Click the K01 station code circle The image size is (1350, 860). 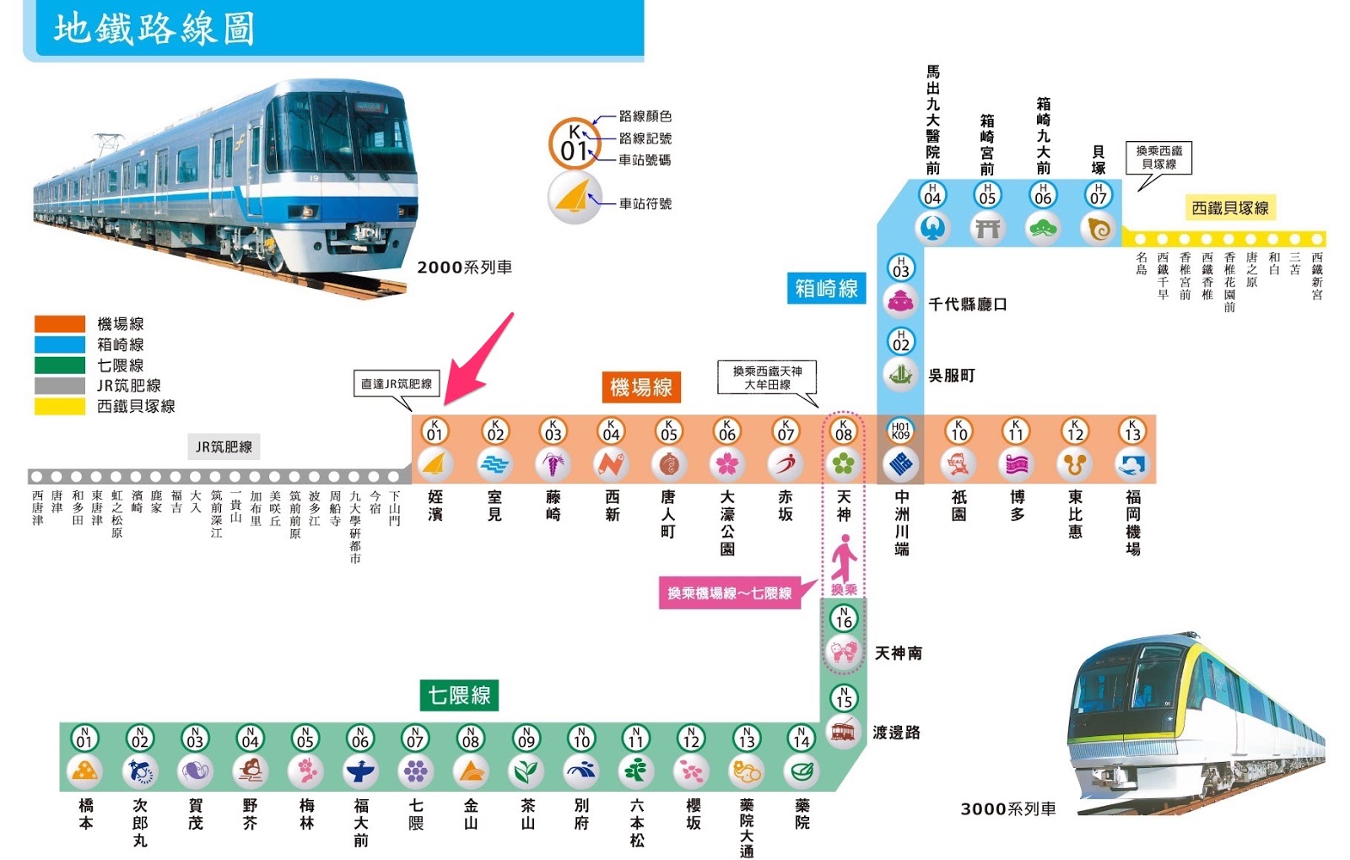pyautogui.click(x=435, y=431)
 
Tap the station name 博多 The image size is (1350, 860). pyautogui.click(x=1017, y=506)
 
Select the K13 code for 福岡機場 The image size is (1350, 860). pyautogui.click(x=1132, y=431)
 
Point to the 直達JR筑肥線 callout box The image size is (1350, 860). pyautogui.click(x=396, y=384)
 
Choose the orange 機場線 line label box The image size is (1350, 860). pyautogui.click(x=640, y=387)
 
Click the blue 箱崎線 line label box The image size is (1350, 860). pyautogui.click(x=826, y=289)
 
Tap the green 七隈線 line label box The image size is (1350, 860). pyautogui.click(x=459, y=695)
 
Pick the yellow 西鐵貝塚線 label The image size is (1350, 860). pyautogui.click(x=1229, y=208)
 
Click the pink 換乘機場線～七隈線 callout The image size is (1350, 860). pyautogui.click(x=729, y=593)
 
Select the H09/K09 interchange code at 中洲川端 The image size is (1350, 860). pyautogui.click(x=900, y=431)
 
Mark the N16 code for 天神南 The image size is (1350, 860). pyautogui.click(x=843, y=619)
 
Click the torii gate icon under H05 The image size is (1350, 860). pyautogui.click(x=987, y=228)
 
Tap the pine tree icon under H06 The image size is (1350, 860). pyautogui.click(x=1043, y=228)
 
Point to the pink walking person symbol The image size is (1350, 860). pyautogui.click(x=844, y=559)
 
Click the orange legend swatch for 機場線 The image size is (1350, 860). pyautogui.click(x=59, y=323)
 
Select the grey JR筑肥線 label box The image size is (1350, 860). pyautogui.click(x=224, y=447)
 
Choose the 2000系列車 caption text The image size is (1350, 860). pyautogui.click(x=464, y=268)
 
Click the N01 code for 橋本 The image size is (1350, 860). pyautogui.click(x=84, y=739)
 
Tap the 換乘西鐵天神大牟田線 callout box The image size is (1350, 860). pyautogui.click(x=767, y=377)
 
